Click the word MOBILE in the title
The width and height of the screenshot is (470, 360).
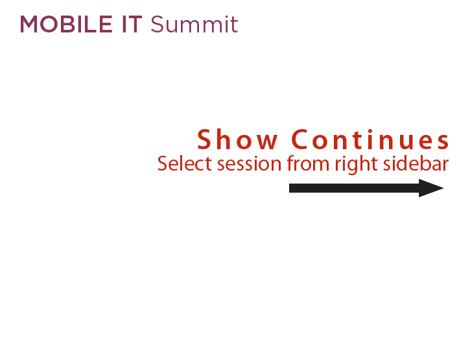pos(66,24)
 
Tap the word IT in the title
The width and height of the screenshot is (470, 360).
pos(132,24)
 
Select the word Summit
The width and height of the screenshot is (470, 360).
pos(194,24)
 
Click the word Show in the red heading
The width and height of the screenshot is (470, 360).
pos(237,139)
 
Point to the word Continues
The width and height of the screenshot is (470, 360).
pos(370,139)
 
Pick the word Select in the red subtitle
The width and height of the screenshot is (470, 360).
pos(185,164)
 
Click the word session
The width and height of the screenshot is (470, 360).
pos(250,165)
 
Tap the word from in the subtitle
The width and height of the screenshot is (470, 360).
pos(308,164)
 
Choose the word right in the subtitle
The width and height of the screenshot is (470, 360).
pos(356,165)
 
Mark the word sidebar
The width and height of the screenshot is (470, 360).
pos(416,164)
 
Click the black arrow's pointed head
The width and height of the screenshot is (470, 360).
pos(431,188)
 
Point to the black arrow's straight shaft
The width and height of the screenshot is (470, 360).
pos(354,188)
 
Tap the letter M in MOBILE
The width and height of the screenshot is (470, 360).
pos(29,24)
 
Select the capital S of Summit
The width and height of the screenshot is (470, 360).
pos(157,24)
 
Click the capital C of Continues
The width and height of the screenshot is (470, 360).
pos(300,139)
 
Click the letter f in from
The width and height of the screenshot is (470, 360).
pos(290,163)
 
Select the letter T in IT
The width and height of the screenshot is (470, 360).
pos(135,24)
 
